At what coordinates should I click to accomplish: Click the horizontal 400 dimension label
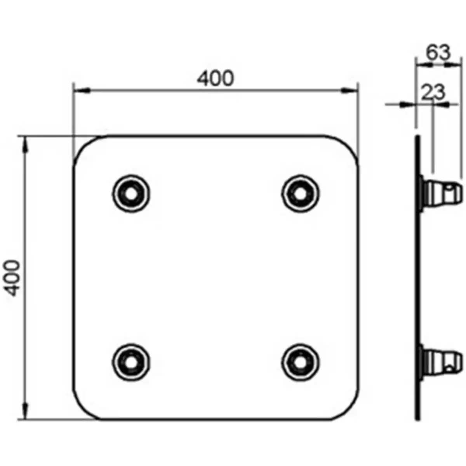[x=216, y=78]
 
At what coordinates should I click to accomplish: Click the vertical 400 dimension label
[x=14, y=278]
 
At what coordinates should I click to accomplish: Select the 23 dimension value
[x=433, y=92]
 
